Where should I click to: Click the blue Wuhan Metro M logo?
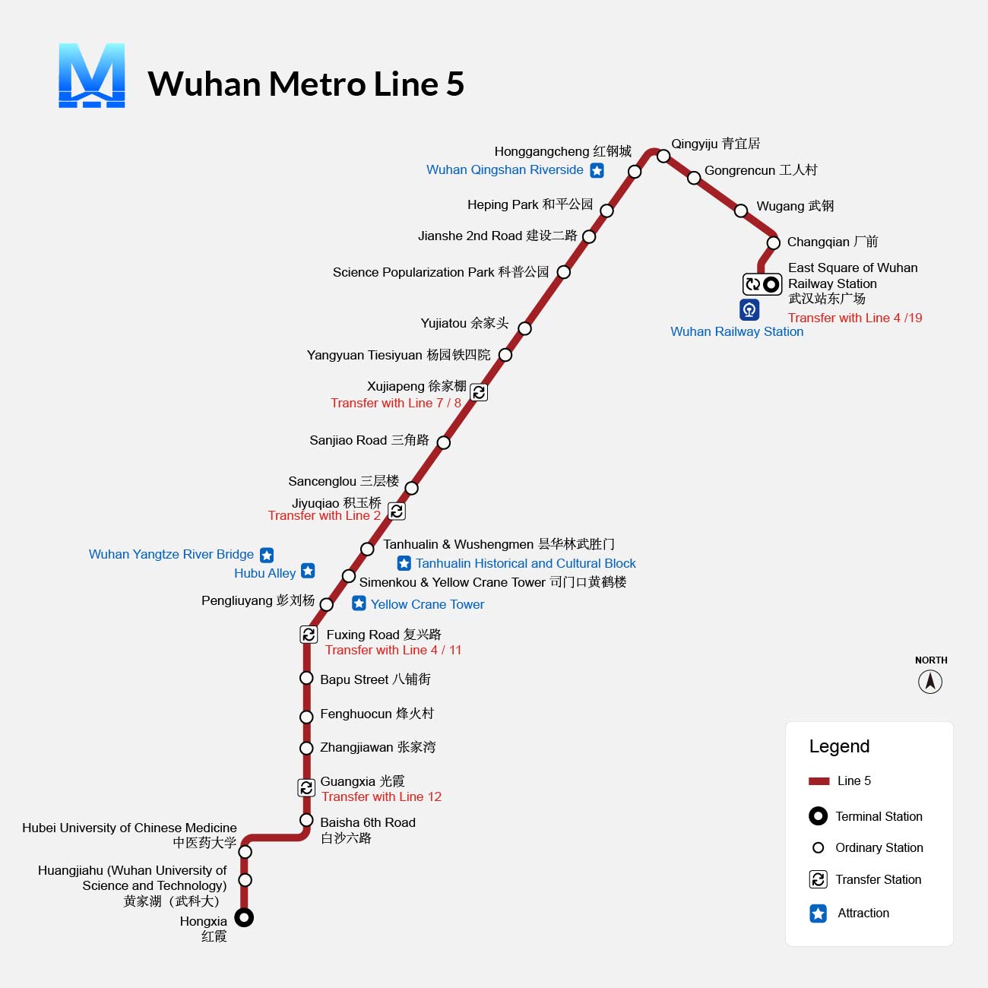92,75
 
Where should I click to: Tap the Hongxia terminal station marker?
244,917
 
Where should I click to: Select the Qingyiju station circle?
663,156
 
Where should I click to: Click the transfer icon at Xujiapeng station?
479,392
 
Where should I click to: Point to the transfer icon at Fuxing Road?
309,635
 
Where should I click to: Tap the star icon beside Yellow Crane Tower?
359,603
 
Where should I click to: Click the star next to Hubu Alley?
308,571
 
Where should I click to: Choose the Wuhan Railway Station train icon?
749,309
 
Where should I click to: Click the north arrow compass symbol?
930,682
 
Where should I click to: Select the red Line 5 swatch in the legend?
819,781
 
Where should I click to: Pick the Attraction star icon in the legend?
819,914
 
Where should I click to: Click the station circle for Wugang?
741,211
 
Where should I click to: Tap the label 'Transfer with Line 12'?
382,796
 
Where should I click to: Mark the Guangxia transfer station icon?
306,787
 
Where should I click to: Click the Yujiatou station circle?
524,328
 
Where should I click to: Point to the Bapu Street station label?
375,679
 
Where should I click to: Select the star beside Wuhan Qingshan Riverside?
597,170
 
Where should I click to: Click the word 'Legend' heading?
839,746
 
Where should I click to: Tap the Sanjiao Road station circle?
444,442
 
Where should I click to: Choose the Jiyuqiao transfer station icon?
397,511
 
